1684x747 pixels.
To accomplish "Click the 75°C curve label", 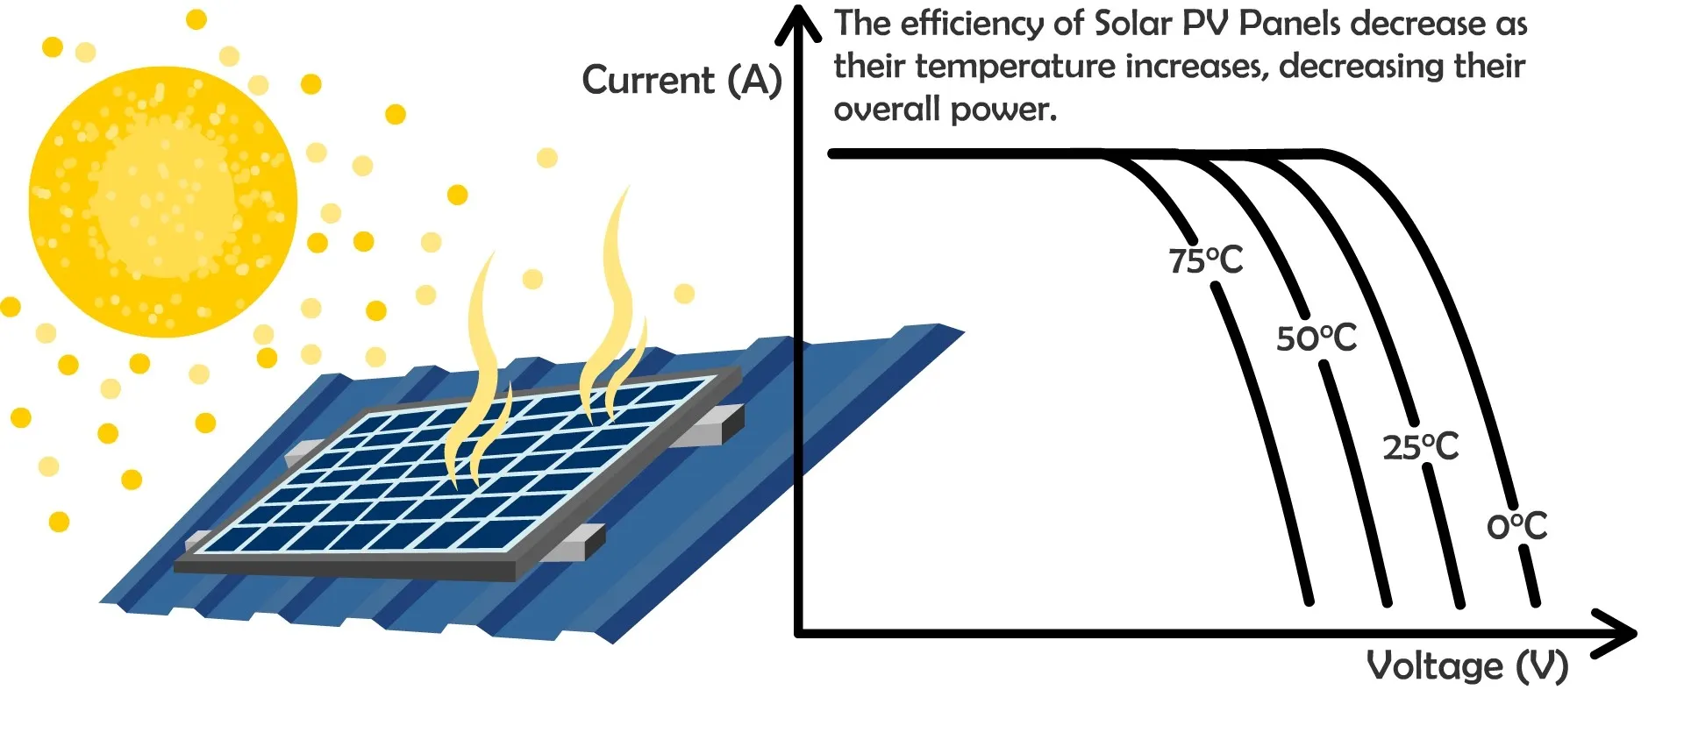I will click(x=1205, y=260).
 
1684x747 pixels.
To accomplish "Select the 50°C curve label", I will click(x=1316, y=338).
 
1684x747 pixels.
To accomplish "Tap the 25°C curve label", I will click(x=1420, y=447).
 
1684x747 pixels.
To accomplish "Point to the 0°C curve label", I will click(x=1516, y=526).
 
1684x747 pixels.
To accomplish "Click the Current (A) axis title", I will click(x=681, y=81).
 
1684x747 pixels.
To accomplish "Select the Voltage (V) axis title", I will click(x=1466, y=666).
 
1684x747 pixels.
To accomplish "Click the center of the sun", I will click(x=163, y=202).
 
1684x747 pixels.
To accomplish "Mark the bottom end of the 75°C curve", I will click(x=1309, y=601).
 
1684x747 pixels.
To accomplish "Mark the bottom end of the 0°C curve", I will click(x=1536, y=602).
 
